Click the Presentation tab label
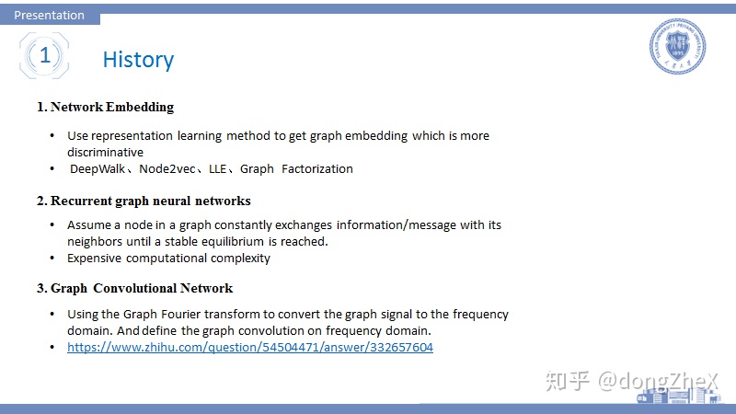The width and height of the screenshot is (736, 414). tap(50, 15)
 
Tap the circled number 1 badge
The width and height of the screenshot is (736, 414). tap(44, 55)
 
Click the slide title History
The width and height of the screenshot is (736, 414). tap(139, 60)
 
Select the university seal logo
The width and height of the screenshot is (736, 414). tap(677, 46)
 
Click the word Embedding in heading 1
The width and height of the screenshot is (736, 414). tap(140, 107)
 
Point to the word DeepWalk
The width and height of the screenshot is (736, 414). tap(98, 169)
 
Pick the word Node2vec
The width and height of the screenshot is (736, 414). tap(167, 169)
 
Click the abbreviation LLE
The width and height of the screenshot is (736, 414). tap(218, 169)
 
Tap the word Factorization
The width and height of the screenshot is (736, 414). tap(317, 169)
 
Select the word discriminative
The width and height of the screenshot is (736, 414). tap(105, 153)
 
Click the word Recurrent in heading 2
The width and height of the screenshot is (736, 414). tap(81, 201)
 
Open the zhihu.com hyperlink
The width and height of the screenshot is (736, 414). tap(250, 348)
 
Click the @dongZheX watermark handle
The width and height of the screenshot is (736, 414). tap(658, 381)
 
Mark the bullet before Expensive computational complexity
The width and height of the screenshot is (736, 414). tap(52, 259)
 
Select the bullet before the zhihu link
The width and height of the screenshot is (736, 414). tap(52, 348)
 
